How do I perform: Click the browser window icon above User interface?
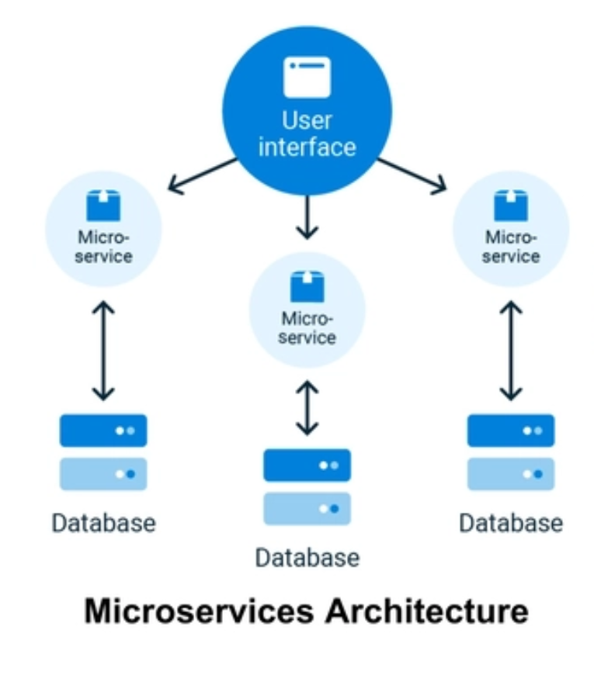pyautogui.click(x=307, y=77)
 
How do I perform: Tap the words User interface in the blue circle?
pyautogui.click(x=307, y=133)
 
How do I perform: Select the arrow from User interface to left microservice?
pyautogui.click(x=203, y=175)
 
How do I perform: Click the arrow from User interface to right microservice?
pyautogui.click(x=412, y=175)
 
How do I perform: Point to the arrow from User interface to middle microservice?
pyautogui.click(x=308, y=216)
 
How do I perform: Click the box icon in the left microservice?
pyautogui.click(x=103, y=205)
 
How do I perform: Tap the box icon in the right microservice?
pyautogui.click(x=511, y=205)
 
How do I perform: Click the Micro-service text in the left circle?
pyautogui.click(x=103, y=247)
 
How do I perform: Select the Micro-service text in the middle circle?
pyautogui.click(x=308, y=328)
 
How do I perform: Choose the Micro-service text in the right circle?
pyautogui.click(x=511, y=246)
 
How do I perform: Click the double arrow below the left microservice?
pyautogui.click(x=103, y=351)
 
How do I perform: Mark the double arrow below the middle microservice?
pyautogui.click(x=308, y=407)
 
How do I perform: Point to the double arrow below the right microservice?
pyautogui.click(x=511, y=351)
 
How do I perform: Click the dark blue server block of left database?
pyautogui.click(x=103, y=430)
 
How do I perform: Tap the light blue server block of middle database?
pyautogui.click(x=307, y=509)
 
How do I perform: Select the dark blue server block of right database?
pyautogui.click(x=511, y=430)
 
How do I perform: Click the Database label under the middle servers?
pyautogui.click(x=307, y=558)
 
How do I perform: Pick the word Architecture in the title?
pyautogui.click(x=426, y=611)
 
